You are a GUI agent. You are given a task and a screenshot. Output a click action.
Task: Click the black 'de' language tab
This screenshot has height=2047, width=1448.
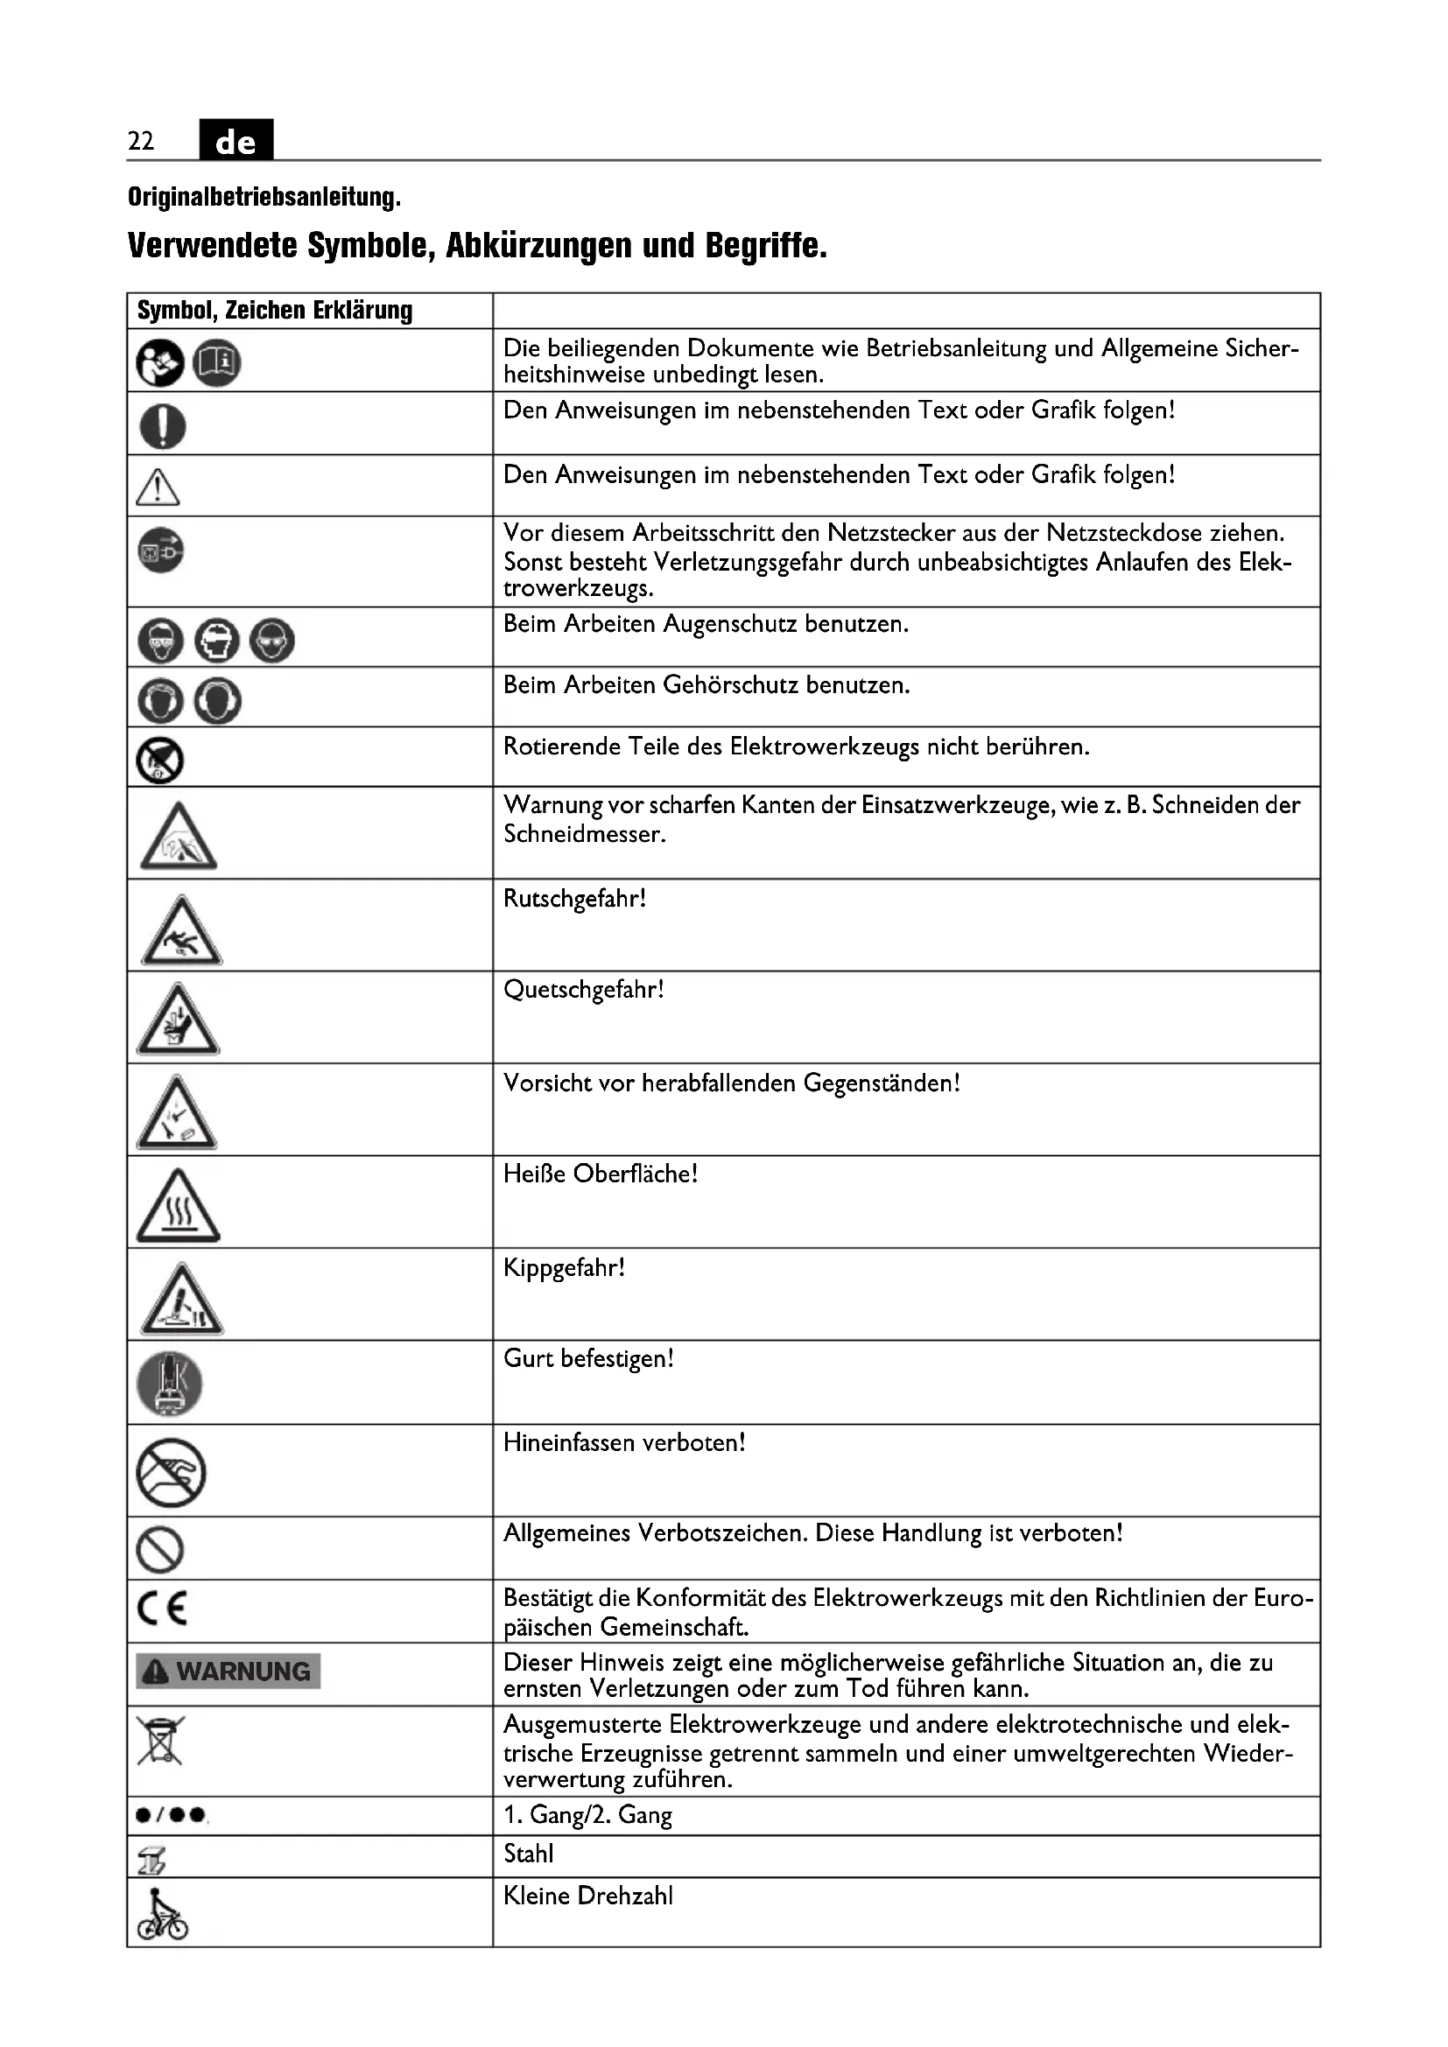(x=235, y=140)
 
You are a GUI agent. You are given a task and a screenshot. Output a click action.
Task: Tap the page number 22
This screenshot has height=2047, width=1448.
(x=141, y=141)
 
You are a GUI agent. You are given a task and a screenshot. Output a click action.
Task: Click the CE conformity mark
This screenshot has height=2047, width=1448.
(x=162, y=1609)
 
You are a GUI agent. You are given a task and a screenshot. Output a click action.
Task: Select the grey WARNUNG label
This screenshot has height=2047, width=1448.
(x=228, y=1672)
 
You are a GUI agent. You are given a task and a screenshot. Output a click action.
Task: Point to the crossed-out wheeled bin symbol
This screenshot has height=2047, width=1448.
(x=160, y=1742)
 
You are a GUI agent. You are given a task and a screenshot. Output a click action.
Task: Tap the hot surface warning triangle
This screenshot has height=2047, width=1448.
(x=179, y=1206)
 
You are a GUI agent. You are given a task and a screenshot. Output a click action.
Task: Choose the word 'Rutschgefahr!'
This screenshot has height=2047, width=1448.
(x=574, y=899)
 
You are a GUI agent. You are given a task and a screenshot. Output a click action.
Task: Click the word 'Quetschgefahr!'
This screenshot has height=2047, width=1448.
(x=583, y=991)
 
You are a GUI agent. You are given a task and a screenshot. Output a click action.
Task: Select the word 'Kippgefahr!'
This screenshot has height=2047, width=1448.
(x=564, y=1268)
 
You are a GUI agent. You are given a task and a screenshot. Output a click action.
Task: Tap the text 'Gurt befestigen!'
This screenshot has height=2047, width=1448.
(x=588, y=1359)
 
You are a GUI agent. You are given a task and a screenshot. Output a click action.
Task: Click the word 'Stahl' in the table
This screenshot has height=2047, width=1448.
(x=528, y=1854)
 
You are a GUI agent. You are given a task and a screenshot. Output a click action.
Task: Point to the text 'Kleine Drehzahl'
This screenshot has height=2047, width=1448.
(x=587, y=1896)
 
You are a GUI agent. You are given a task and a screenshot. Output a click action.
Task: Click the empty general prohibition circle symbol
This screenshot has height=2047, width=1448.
(x=160, y=1550)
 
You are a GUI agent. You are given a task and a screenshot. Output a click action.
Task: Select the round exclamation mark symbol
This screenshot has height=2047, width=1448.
(x=162, y=425)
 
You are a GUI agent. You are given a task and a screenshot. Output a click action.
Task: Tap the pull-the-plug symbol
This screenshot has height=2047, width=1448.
(x=160, y=550)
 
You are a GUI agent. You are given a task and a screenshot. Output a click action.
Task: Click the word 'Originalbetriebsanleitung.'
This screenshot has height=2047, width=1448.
(x=264, y=197)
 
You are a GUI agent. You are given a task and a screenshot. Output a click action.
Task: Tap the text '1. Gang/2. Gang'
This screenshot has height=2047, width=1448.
(x=587, y=1815)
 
